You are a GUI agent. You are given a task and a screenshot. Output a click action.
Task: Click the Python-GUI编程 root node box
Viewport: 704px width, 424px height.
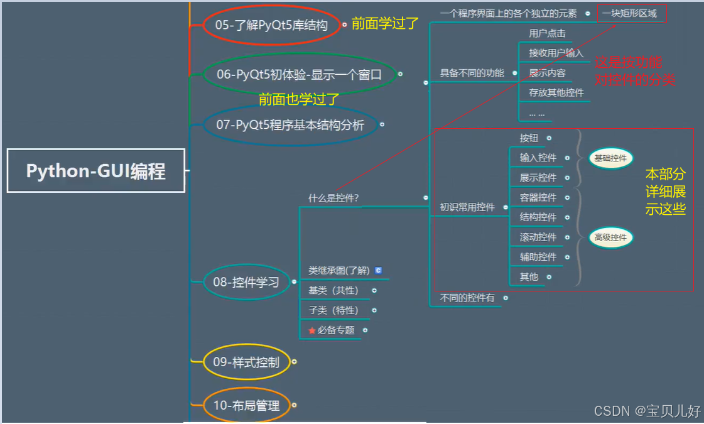96,170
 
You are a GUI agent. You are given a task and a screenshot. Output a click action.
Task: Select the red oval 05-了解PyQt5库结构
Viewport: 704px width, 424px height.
271,25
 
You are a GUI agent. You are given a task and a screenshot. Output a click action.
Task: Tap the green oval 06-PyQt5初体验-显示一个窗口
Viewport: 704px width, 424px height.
299,74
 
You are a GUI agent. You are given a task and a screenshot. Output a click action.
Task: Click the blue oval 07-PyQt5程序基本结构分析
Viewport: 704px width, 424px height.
290,124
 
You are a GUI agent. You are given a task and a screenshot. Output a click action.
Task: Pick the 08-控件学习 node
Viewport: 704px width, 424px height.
246,282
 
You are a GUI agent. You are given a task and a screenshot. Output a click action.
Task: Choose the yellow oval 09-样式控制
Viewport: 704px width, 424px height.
246,362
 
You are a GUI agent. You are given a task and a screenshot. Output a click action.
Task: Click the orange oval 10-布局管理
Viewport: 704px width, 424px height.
246,405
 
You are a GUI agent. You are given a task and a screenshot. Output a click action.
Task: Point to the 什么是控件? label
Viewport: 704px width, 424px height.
333,197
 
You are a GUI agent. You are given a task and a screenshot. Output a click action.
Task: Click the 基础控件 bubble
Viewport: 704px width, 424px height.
610,158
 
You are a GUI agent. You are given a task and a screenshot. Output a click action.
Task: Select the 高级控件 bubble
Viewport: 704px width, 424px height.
610,237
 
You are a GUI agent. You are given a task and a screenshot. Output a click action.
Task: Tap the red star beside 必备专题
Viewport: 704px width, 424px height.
312,330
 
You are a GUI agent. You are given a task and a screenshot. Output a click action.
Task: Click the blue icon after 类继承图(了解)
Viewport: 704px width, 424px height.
378,270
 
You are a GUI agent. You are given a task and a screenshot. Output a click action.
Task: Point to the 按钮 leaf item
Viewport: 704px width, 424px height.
529,138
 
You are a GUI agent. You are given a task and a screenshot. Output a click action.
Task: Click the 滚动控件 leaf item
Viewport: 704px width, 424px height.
538,237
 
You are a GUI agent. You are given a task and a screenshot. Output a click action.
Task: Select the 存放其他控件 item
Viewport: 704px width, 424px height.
556,92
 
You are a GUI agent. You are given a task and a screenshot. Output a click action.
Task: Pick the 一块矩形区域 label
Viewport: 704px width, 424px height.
629,13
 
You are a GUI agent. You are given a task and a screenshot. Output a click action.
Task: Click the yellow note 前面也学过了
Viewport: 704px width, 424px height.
299,99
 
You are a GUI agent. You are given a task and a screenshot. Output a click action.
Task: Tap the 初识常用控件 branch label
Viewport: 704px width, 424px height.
467,207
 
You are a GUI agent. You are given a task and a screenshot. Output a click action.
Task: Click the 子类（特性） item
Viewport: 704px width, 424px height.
333,310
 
